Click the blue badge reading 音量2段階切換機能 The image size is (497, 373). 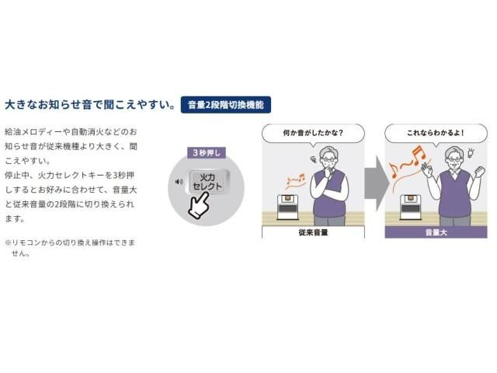pos(226,105)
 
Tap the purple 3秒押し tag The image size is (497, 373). pos(207,153)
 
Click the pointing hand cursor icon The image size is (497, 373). pos(199,205)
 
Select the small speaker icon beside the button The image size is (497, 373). pos(179,182)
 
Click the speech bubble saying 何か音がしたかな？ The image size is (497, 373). pos(313,133)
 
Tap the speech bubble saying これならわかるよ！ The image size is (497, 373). pos(436,133)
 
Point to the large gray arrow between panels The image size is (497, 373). pos(377,183)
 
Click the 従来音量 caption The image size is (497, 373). pos(313,232)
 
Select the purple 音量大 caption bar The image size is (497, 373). pos(436,232)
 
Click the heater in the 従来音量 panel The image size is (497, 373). pos(287,207)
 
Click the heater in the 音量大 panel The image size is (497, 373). pos(410,207)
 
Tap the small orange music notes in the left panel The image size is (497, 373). pos(295,180)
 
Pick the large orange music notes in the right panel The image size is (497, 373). pos(407,162)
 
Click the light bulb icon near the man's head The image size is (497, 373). pos(471,153)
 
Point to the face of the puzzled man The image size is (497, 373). pos(328,161)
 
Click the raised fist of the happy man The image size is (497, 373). pos(480,173)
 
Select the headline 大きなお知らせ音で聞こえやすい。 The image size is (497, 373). pos(90,105)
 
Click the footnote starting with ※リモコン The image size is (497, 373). pos(70,248)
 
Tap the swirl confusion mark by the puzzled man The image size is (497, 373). pos(313,159)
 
